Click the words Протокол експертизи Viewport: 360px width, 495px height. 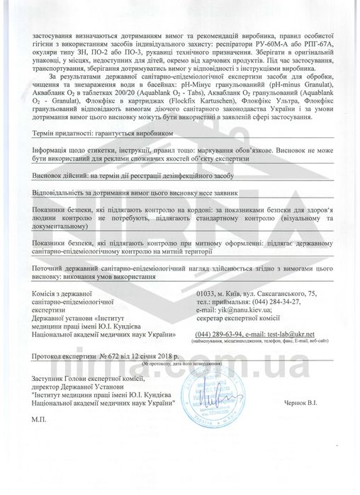pos(62,358)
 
